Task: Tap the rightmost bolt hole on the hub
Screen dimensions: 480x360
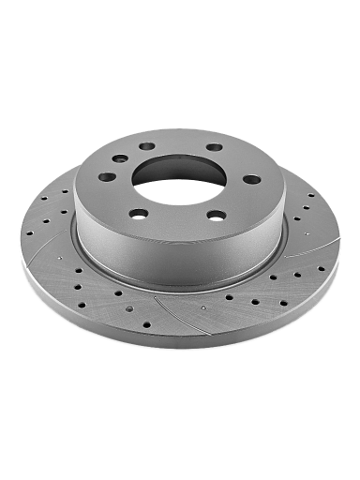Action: click(x=251, y=179)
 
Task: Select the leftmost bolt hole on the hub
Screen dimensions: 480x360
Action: click(x=108, y=176)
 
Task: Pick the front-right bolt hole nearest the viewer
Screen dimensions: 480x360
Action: click(x=217, y=215)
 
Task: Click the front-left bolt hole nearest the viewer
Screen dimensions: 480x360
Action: click(x=139, y=213)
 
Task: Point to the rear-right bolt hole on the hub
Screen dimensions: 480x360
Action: click(x=215, y=147)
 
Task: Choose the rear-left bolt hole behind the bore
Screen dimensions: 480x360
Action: click(x=146, y=146)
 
